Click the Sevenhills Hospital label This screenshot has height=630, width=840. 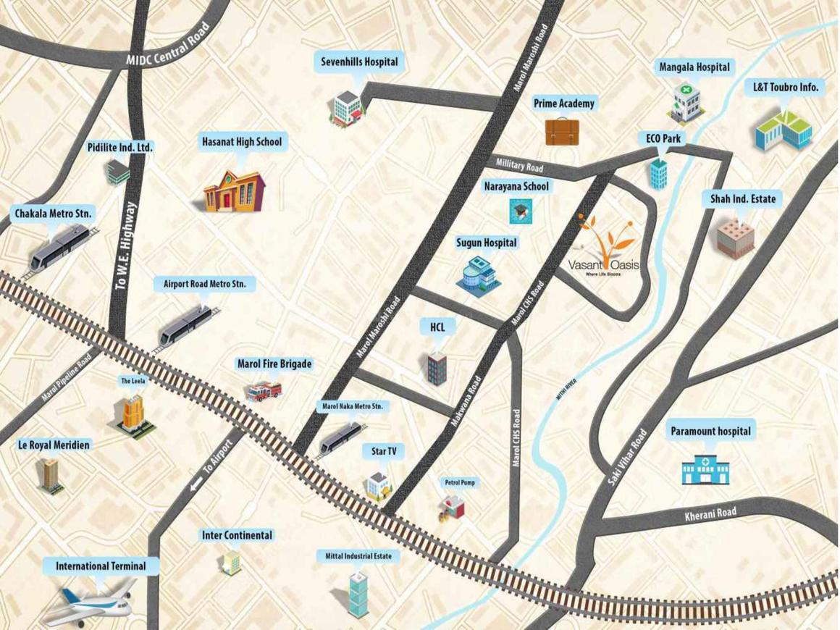pos(359,62)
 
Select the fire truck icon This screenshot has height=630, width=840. pos(262,392)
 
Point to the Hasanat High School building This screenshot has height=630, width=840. pos(234,191)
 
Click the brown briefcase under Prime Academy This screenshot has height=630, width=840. pos(562,131)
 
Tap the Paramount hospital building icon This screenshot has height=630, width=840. pos(706,469)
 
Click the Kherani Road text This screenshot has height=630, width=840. pos(710,514)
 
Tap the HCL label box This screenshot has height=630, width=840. pos(437,327)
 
